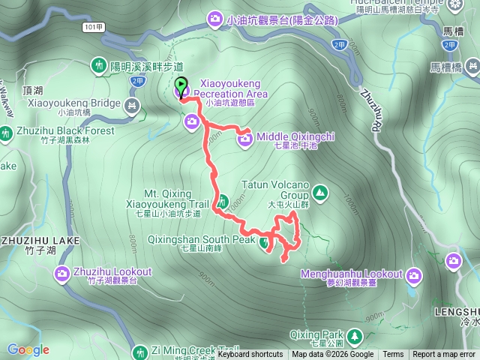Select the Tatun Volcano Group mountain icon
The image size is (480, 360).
click(320, 193)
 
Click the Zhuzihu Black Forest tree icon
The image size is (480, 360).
click(6, 134)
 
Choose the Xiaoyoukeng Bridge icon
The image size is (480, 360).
click(133, 106)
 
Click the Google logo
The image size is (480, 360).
click(28, 349)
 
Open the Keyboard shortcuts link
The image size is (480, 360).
click(250, 355)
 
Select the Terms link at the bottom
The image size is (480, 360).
click(393, 355)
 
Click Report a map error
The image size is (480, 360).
click(444, 355)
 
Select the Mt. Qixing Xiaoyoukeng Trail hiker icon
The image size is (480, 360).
click(223, 200)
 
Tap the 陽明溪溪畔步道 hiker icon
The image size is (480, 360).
click(99, 66)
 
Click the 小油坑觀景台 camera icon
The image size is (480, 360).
click(216, 19)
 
